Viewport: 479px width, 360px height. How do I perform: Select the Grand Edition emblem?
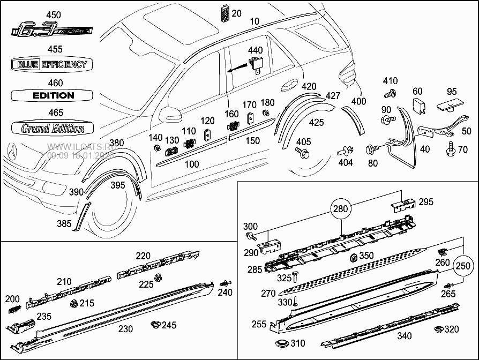(53, 128)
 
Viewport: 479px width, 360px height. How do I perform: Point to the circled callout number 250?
(463, 265)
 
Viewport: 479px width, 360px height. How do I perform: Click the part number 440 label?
(255, 50)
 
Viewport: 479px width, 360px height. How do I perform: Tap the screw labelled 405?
(302, 154)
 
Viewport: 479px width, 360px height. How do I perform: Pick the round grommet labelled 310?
(281, 343)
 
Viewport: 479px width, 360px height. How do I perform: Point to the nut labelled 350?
(353, 258)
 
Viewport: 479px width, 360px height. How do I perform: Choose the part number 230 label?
(125, 329)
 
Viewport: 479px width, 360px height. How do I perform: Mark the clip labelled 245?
(156, 324)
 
